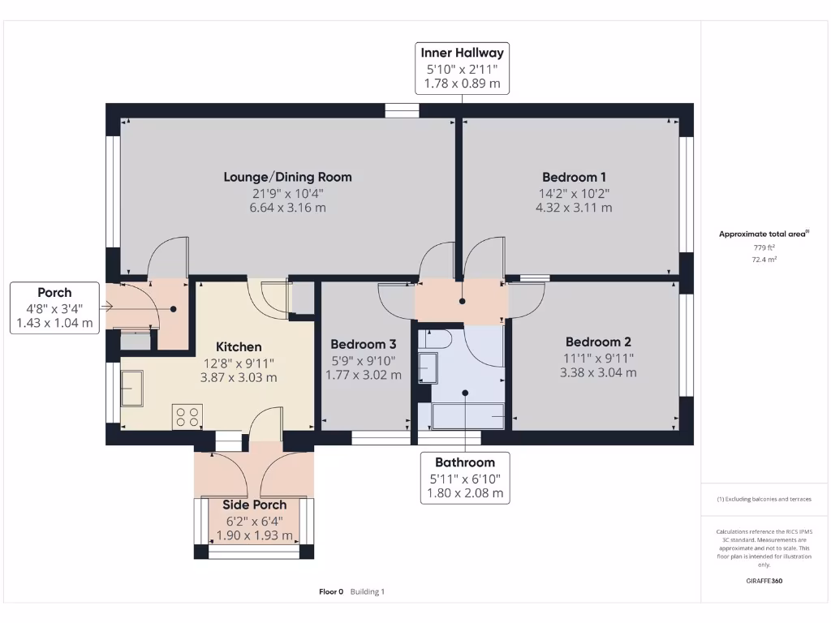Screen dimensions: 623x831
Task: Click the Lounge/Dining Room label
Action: pyautogui.click(x=287, y=177)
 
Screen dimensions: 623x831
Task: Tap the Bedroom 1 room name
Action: pyautogui.click(x=574, y=177)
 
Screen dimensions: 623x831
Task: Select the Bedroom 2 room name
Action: pyautogui.click(x=598, y=342)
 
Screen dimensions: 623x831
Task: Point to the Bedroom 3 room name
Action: pyautogui.click(x=363, y=344)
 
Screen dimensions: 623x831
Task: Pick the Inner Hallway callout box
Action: pyautogui.click(x=462, y=67)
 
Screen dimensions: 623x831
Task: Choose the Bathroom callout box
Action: pyautogui.click(x=465, y=478)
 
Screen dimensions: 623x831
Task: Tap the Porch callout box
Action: pyautogui.click(x=54, y=307)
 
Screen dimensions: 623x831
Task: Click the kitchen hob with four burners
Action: pyautogui.click(x=187, y=417)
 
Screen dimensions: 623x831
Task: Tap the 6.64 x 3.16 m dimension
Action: pyautogui.click(x=287, y=208)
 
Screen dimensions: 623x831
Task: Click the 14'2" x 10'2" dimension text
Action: pyautogui.click(x=574, y=193)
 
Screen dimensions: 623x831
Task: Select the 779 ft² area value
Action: pyautogui.click(x=763, y=247)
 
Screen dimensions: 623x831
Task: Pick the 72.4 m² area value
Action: pyautogui.click(x=763, y=260)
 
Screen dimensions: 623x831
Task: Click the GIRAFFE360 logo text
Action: pyautogui.click(x=764, y=581)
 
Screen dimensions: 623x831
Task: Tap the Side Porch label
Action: pyautogui.click(x=254, y=505)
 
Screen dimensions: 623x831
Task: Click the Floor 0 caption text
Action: pyautogui.click(x=331, y=591)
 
